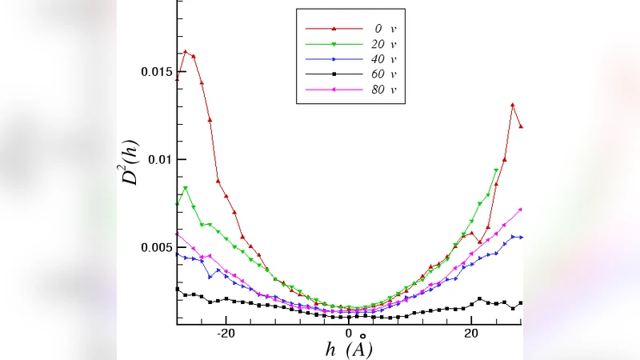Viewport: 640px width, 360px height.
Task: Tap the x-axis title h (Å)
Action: (350, 350)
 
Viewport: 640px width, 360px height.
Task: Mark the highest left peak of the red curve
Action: (186, 52)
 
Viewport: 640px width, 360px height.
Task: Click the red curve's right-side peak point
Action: (513, 105)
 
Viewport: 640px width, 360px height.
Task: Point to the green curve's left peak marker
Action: (186, 188)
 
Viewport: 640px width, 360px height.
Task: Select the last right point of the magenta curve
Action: (521, 210)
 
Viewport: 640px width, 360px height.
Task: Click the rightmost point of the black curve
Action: (521, 303)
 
